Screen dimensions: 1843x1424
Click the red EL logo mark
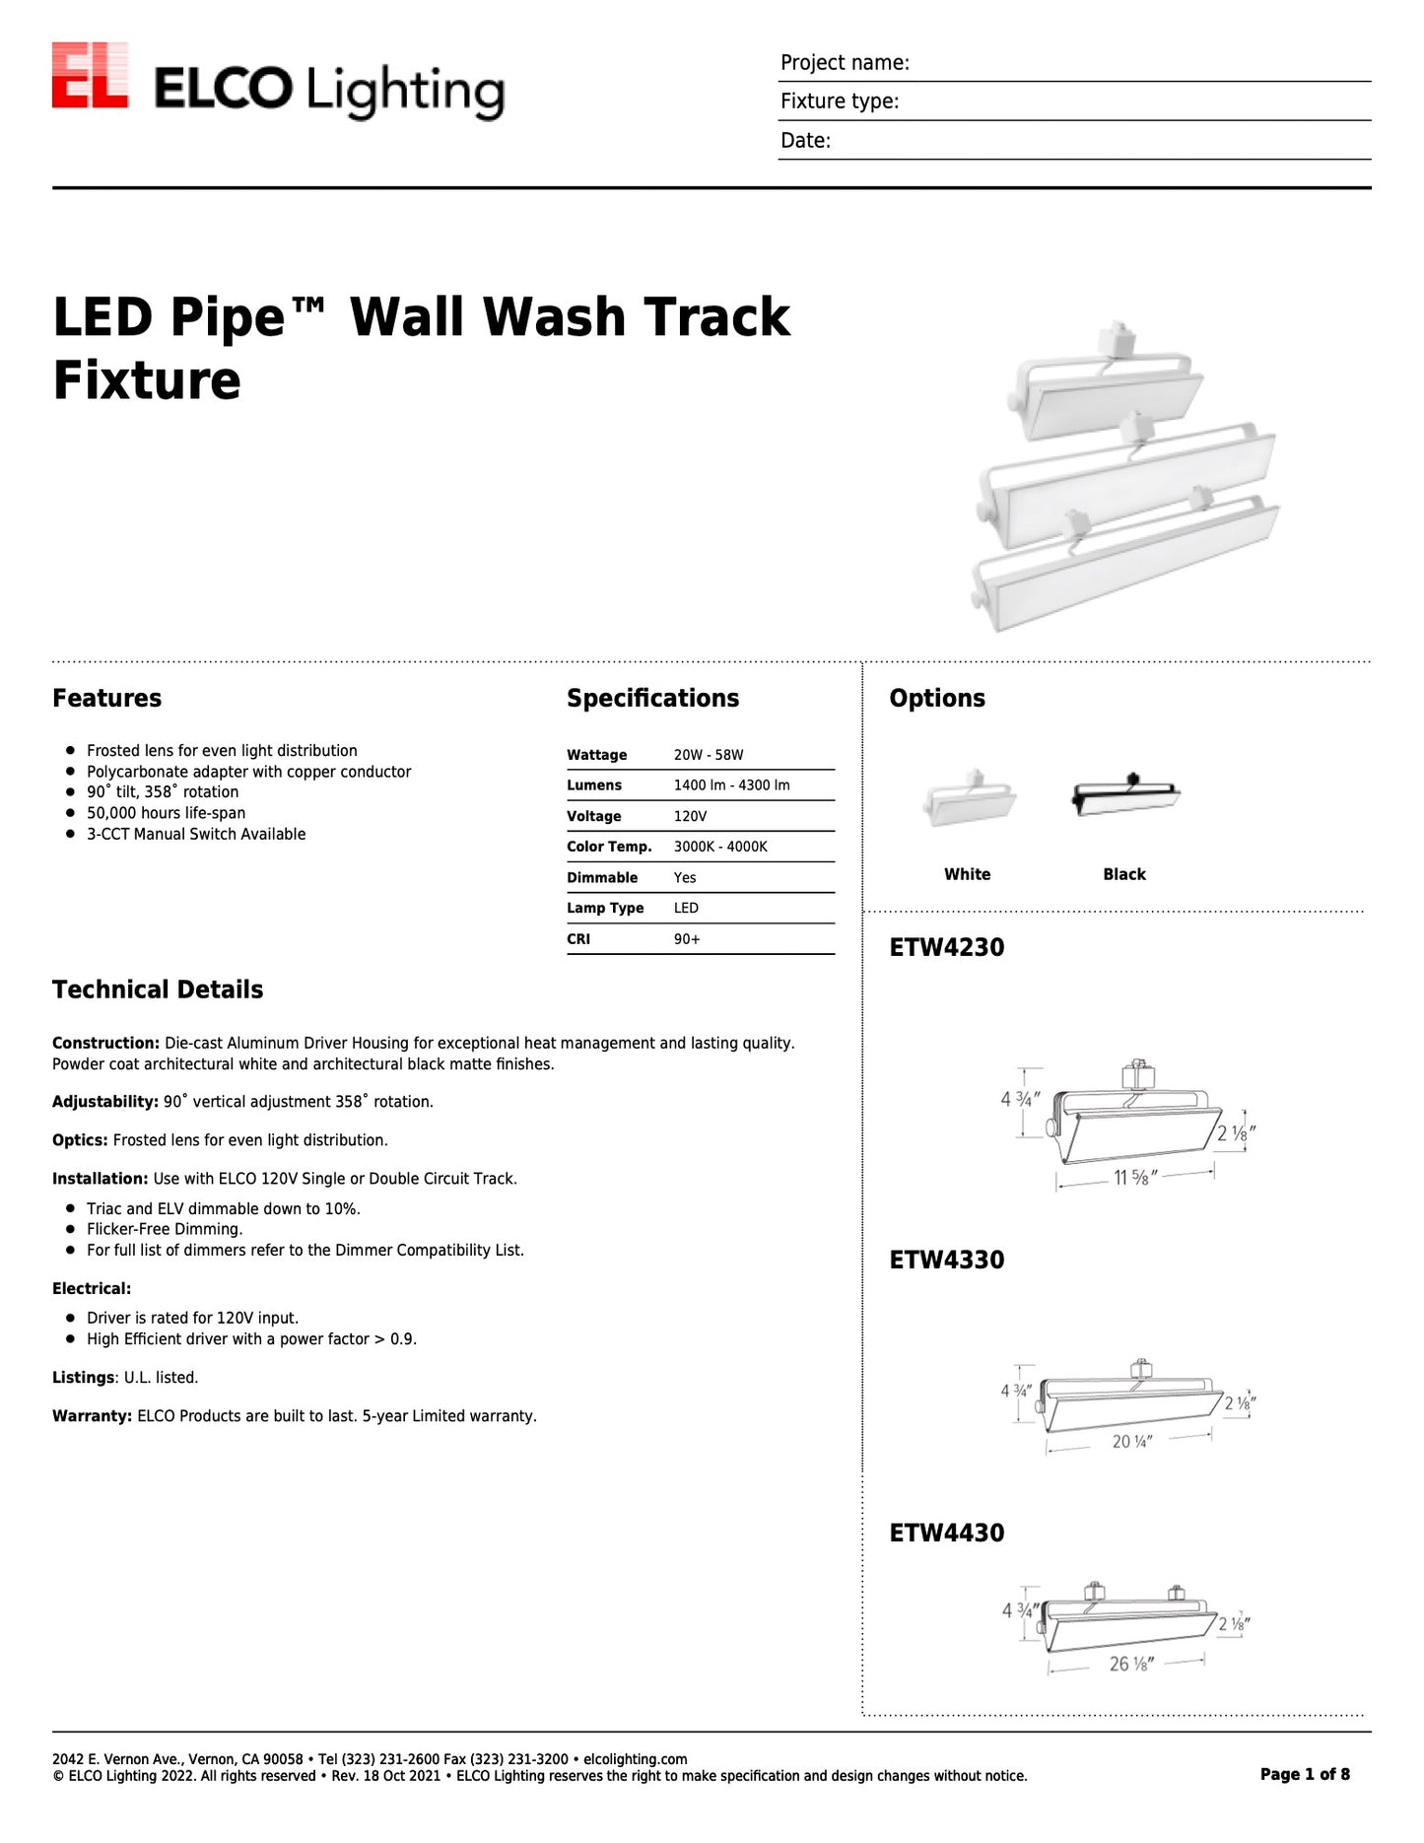[x=90, y=75]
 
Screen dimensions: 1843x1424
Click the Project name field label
[x=845, y=63]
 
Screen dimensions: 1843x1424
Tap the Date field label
[x=805, y=141]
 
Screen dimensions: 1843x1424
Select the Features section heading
[x=106, y=698]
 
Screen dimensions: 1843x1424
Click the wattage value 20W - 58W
[x=709, y=755]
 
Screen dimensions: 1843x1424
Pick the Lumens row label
[x=593, y=785]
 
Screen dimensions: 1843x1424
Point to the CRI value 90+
[x=687, y=939]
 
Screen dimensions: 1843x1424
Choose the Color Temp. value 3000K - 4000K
[x=720, y=847]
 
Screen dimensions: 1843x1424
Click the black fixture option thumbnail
[x=1124, y=795]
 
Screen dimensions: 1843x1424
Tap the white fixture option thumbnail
[x=969, y=798]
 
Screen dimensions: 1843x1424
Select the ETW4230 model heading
[x=946, y=947]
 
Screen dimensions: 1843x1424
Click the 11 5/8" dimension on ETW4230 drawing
[x=1134, y=1177]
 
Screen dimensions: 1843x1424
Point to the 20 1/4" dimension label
[x=1131, y=1441]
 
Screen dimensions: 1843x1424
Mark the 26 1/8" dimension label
[x=1130, y=1664]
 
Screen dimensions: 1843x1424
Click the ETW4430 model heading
[x=946, y=1533]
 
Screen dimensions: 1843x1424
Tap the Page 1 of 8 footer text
[x=1305, y=1774]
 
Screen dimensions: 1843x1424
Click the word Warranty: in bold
[x=92, y=1416]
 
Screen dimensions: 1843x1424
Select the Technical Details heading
[x=158, y=990]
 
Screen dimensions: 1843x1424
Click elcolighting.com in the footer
[x=635, y=1759]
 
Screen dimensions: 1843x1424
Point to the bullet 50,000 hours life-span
[x=166, y=813]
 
